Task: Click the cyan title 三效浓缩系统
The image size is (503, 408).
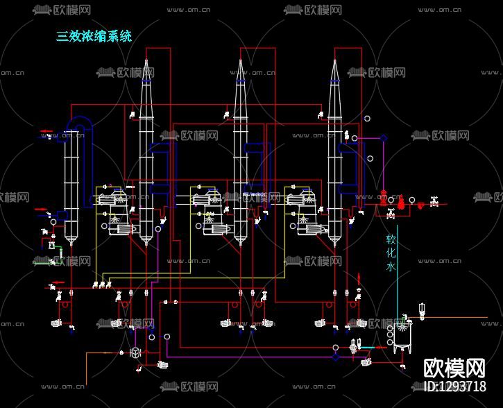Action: (94, 36)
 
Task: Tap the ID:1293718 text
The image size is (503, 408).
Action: (454, 386)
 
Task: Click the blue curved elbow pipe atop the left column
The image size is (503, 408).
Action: (81, 122)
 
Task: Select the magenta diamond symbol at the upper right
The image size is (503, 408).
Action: (384, 137)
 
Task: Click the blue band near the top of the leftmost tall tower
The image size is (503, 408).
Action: (146, 82)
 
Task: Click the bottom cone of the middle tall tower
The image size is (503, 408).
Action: (240, 240)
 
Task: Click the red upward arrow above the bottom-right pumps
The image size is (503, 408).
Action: (359, 279)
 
